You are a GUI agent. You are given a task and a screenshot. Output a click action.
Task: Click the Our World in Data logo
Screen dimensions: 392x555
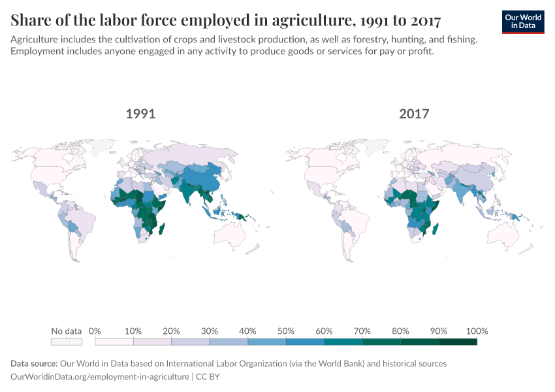click(523, 22)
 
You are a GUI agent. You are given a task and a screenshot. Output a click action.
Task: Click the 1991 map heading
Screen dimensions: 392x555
click(140, 114)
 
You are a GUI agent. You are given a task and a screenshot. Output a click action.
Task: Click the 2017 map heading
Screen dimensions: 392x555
click(414, 114)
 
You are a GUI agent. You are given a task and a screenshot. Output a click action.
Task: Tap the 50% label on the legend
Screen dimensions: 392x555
click(286, 331)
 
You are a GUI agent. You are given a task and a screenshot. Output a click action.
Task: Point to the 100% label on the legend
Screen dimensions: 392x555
click(477, 331)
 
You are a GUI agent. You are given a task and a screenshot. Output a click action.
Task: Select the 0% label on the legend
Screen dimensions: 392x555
click(95, 331)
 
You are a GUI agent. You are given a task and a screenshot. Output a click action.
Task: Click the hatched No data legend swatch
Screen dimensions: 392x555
click(67, 341)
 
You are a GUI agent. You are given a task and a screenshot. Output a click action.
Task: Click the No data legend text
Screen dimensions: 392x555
click(67, 331)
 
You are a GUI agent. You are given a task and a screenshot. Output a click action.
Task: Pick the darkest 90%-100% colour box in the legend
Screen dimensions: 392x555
click(458, 341)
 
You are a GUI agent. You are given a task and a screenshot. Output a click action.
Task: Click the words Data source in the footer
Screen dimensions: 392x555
click(33, 363)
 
